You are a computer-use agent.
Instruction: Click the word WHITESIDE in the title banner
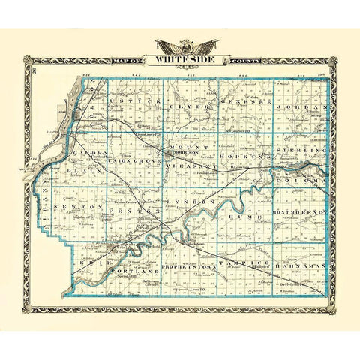186,60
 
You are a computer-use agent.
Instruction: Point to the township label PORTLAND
135,268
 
